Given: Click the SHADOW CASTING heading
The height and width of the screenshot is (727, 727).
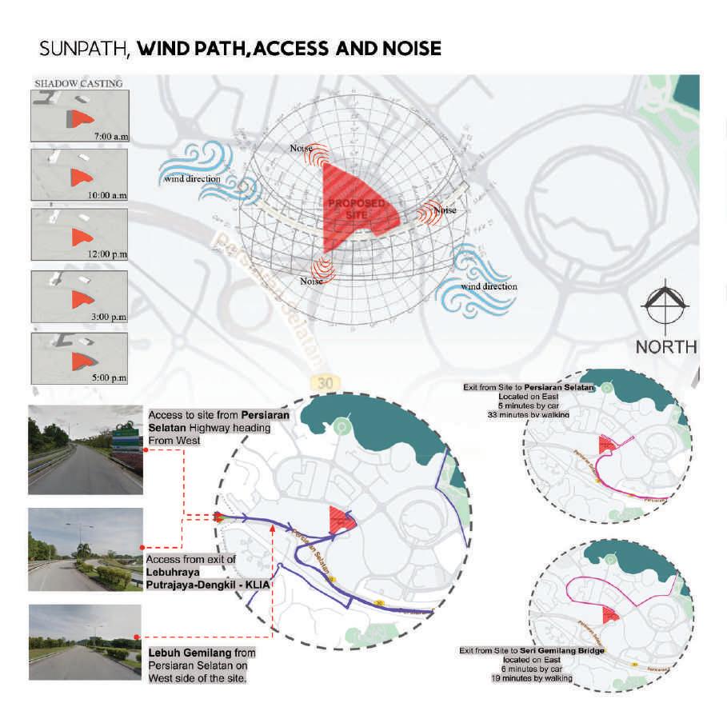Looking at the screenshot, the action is [x=78, y=82].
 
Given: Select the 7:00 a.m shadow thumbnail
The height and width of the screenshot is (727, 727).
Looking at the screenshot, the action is [x=78, y=116].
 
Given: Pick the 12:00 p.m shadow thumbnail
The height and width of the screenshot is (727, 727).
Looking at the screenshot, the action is [x=78, y=234].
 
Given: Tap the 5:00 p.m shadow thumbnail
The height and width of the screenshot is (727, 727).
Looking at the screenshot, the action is [x=78, y=358].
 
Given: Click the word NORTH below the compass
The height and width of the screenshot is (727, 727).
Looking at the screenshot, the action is [x=666, y=347].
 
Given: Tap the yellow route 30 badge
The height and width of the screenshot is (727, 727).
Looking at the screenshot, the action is [x=323, y=383].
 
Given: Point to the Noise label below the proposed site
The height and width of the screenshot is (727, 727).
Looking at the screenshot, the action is [x=311, y=281].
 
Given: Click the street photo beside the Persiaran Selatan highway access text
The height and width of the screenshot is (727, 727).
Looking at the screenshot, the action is [x=85, y=449].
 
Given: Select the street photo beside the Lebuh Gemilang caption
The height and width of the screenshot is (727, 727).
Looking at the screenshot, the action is [x=85, y=642].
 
